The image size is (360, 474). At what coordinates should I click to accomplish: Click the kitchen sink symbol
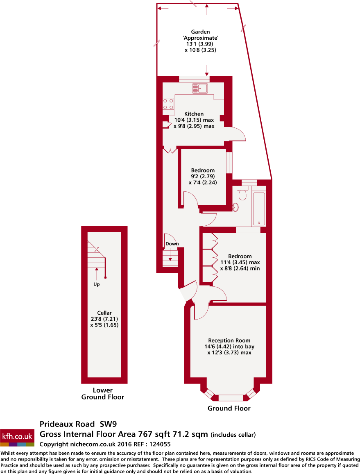[200, 88]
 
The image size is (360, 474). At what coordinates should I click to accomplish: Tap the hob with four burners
[168, 104]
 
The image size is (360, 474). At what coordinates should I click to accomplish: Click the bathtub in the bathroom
[259, 208]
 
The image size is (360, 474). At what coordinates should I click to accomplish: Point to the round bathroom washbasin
[235, 207]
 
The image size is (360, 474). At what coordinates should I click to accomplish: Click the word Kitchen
[194, 114]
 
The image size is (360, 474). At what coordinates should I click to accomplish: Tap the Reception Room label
[229, 340]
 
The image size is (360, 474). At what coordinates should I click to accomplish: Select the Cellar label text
[102, 313]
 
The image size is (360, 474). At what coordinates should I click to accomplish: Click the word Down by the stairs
[172, 244]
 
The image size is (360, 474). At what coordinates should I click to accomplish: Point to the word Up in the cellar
[97, 284]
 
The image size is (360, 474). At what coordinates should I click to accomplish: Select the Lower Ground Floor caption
[102, 393]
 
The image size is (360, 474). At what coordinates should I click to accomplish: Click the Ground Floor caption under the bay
[229, 408]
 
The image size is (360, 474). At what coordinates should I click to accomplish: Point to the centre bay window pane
[230, 397]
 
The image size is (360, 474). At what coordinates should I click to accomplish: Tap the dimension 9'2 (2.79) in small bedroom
[203, 177]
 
